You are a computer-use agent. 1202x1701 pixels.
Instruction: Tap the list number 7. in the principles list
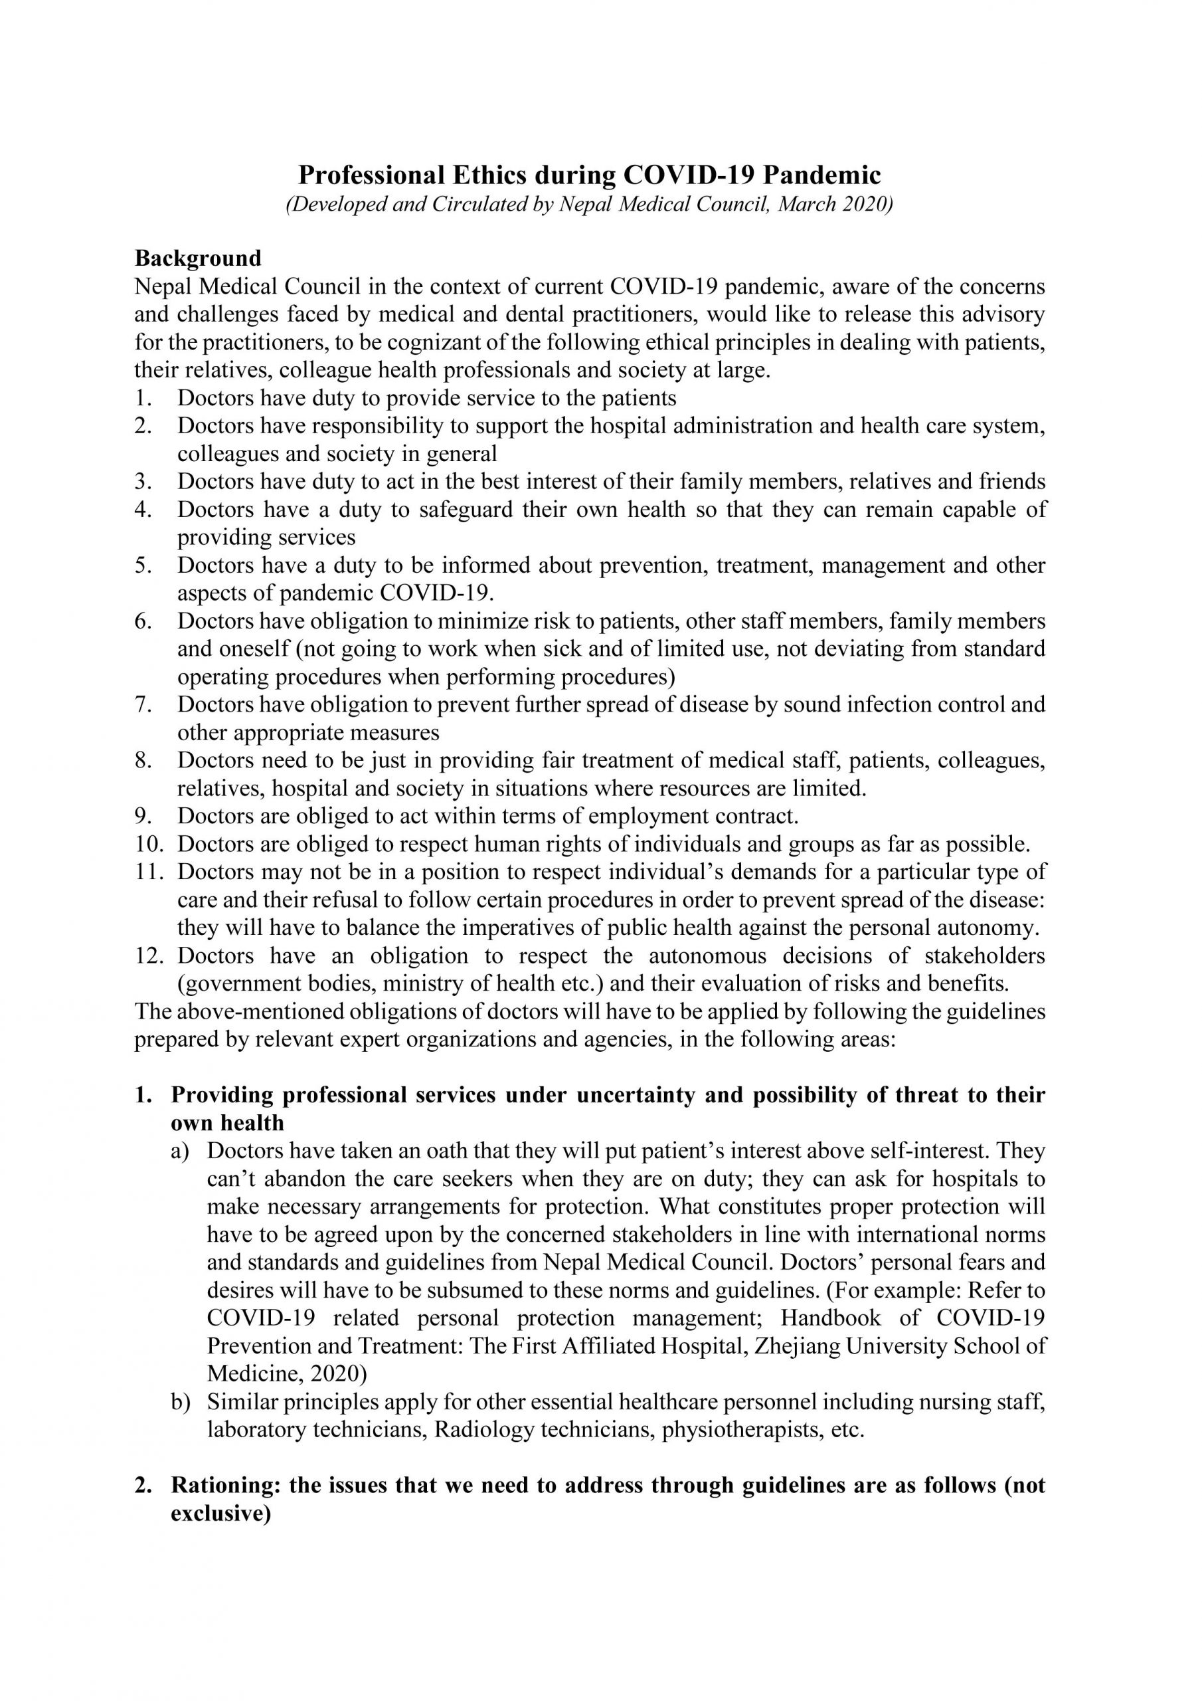click(143, 704)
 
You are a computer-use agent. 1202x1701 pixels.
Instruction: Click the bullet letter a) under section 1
click(181, 1151)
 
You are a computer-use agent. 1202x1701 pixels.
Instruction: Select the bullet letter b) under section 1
click(181, 1402)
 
